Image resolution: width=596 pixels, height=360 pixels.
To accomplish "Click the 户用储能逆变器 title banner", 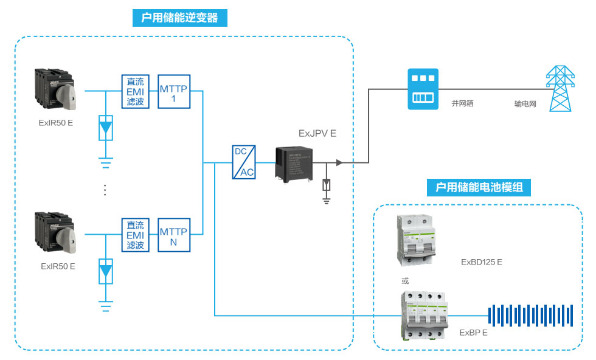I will coord(179,18).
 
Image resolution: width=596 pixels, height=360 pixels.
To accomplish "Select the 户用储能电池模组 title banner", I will coord(479,187).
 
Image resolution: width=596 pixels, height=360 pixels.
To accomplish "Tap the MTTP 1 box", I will coord(174,91).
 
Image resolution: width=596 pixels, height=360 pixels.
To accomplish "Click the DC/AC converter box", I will coord(244,162).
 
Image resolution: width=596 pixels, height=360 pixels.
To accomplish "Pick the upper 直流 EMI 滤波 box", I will coord(135,91).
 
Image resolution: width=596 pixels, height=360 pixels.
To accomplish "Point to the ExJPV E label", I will coord(317,133).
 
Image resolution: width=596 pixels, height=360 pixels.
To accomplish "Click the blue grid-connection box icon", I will coord(423,89).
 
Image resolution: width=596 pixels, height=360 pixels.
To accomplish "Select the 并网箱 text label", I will coord(462,104).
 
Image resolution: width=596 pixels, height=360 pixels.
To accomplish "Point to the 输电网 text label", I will coord(525,104).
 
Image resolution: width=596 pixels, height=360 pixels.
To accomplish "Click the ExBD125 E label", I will coord(482,263).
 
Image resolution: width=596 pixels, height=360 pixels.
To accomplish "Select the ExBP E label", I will coord(474,333).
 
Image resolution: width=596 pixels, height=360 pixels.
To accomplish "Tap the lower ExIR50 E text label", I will coord(58,266).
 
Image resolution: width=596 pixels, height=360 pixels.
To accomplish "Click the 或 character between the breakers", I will coord(406,281).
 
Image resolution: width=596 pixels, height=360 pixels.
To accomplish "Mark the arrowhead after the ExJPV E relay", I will coord(339,163).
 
